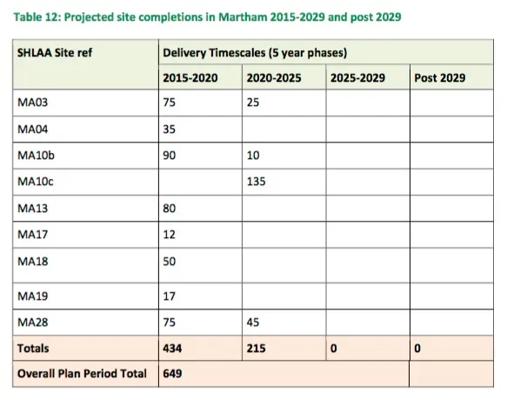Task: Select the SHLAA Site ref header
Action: tap(55, 52)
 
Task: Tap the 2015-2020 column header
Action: tap(190, 78)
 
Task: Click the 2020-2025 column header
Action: tap(274, 78)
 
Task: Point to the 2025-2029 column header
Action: tap(357, 78)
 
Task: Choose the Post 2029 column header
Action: tap(440, 78)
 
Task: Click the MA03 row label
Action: tap(33, 103)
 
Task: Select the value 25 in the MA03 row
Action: tap(253, 103)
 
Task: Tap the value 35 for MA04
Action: tap(169, 130)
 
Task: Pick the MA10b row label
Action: tap(36, 156)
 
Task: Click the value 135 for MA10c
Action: tap(256, 182)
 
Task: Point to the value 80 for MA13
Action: tap(169, 209)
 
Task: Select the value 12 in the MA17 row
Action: tap(169, 235)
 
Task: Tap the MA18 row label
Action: tap(33, 262)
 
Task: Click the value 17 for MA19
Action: tap(169, 296)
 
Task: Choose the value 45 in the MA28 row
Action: tap(253, 323)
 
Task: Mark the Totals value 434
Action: tap(172, 349)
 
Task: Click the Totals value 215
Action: tap(256, 349)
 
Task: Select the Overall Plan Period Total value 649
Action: tap(172, 374)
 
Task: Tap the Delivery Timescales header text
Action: tap(255, 53)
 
